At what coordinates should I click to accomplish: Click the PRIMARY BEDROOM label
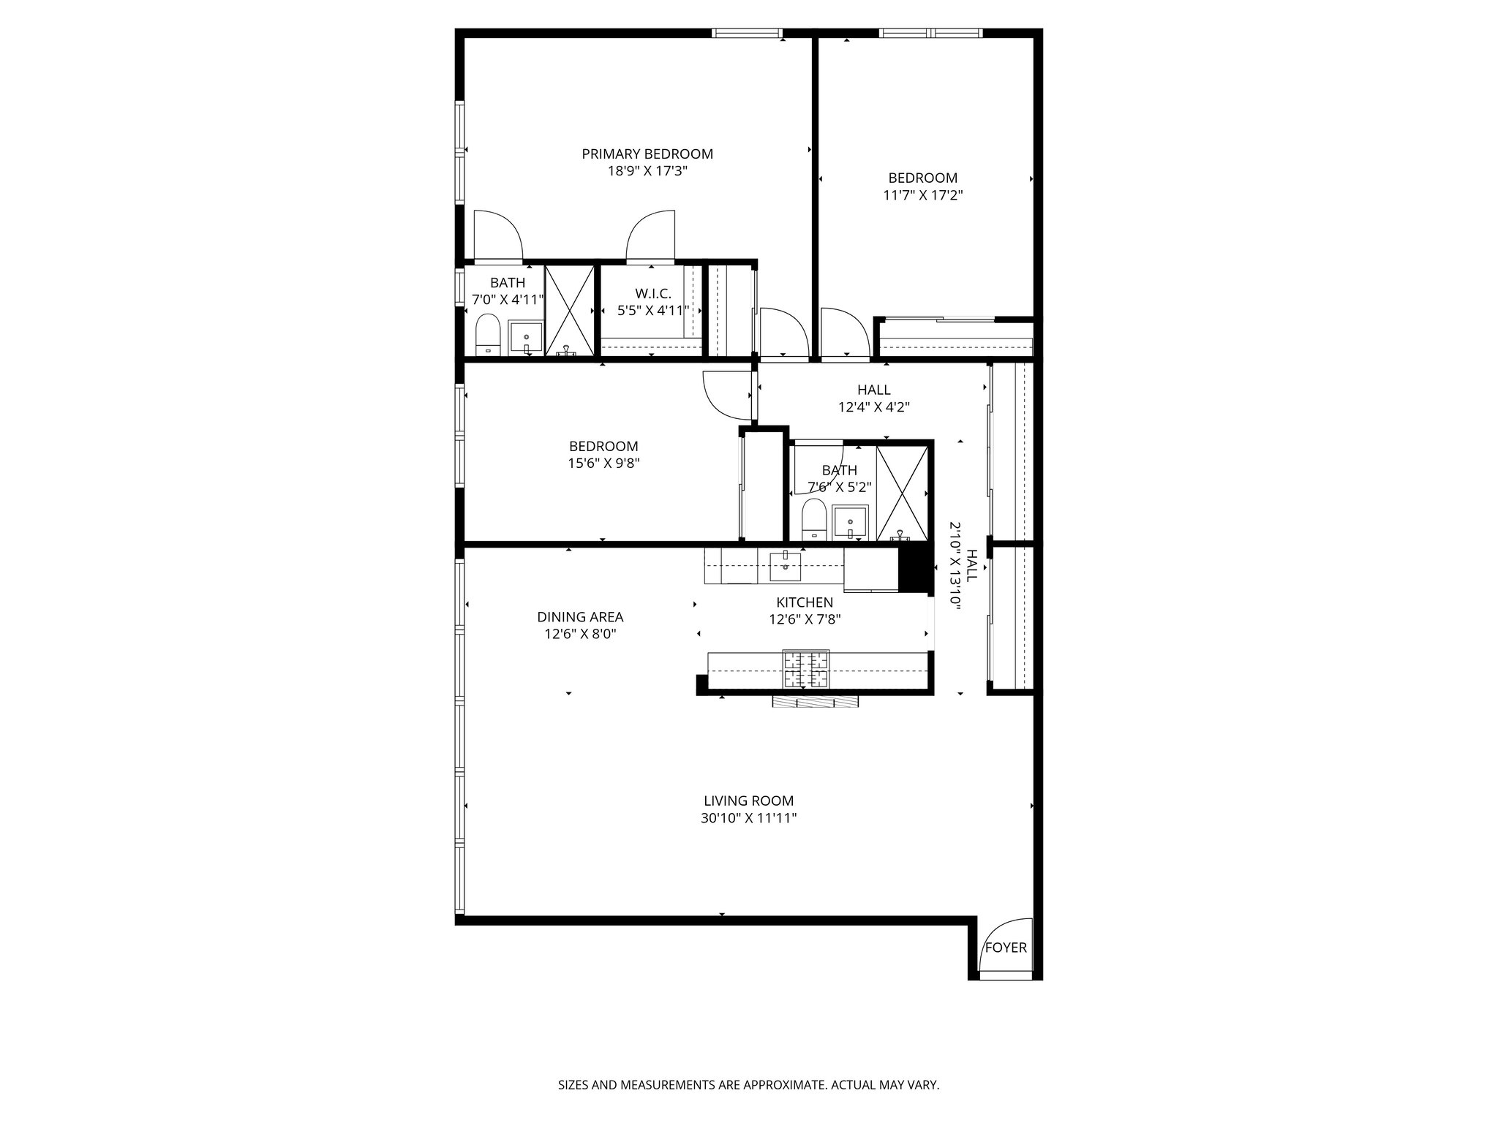click(647, 154)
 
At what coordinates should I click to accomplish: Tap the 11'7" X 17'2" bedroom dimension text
click(922, 195)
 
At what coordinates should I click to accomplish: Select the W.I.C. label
click(653, 293)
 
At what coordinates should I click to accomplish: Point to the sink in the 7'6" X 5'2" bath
click(851, 521)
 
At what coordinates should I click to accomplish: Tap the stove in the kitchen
click(807, 669)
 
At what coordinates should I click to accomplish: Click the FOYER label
click(1006, 948)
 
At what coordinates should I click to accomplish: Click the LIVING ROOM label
click(748, 801)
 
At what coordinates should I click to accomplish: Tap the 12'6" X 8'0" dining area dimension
click(580, 634)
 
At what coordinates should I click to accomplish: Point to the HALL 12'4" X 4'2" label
click(874, 398)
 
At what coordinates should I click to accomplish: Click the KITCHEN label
click(805, 602)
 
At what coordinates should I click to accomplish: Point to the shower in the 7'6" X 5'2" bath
click(903, 494)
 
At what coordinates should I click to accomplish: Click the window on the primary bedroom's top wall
click(747, 33)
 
